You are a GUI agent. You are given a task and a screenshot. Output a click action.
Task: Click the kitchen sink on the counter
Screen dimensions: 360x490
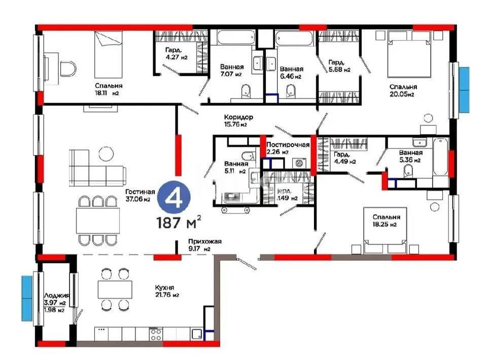(196, 334)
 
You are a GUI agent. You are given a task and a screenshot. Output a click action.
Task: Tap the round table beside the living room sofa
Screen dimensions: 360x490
(107, 152)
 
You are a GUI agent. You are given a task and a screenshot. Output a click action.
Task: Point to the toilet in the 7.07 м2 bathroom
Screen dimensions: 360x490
(246, 91)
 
